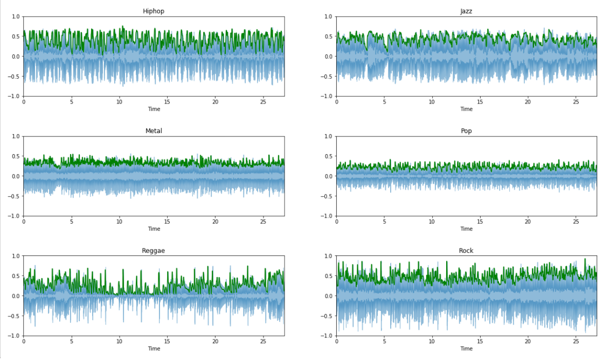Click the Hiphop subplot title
[154, 11]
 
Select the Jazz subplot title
[466, 11]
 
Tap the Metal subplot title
[154, 131]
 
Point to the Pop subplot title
[466, 131]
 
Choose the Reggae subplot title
[154, 251]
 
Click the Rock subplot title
[466, 251]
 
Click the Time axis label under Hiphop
[154, 109]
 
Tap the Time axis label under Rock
[466, 349]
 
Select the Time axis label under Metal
[154, 229]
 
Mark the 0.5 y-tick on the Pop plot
[328, 156]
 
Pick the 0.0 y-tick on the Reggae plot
[16, 296]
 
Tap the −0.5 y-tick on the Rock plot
[327, 316]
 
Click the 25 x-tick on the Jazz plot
[576, 102]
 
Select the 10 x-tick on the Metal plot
[120, 221]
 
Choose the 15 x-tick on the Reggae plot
[167, 341]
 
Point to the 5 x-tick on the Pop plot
[384, 221]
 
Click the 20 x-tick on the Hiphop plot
[215, 102]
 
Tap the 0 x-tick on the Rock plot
[337, 341]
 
